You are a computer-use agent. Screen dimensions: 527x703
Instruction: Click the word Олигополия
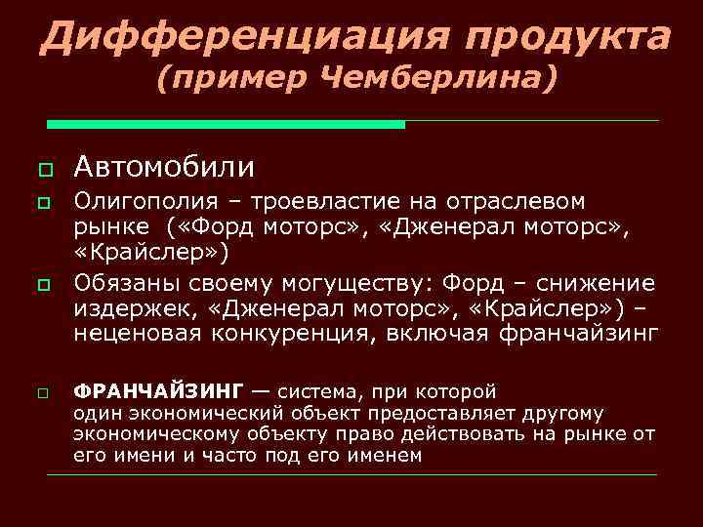tap(146, 202)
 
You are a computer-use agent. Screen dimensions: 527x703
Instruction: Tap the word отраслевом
tap(516, 202)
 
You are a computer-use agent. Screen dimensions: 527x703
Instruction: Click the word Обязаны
tap(130, 284)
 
